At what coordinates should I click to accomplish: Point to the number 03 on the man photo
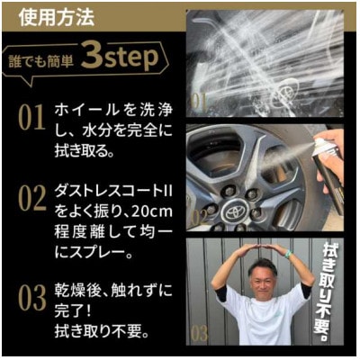199,334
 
